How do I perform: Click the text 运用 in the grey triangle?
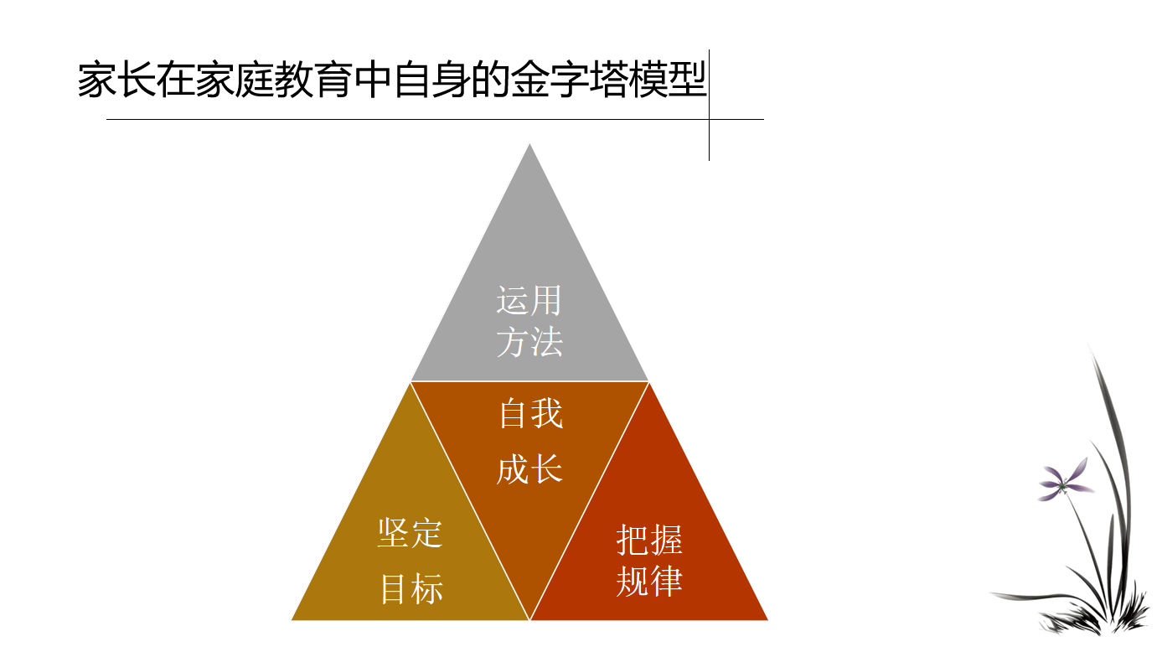click(x=529, y=300)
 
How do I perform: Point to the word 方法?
click(x=529, y=342)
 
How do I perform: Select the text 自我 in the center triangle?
click(x=530, y=413)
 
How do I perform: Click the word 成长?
click(x=529, y=469)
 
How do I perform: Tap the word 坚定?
click(x=410, y=533)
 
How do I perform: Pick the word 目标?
click(x=412, y=588)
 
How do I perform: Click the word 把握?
click(x=649, y=540)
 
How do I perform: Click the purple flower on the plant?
click(x=1065, y=480)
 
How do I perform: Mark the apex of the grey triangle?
click(x=529, y=144)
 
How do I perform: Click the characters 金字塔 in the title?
click(x=570, y=80)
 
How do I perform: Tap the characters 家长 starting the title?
click(x=116, y=80)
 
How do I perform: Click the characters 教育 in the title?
click(x=314, y=80)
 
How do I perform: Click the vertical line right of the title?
click(x=709, y=105)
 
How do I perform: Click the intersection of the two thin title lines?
click(x=709, y=119)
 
